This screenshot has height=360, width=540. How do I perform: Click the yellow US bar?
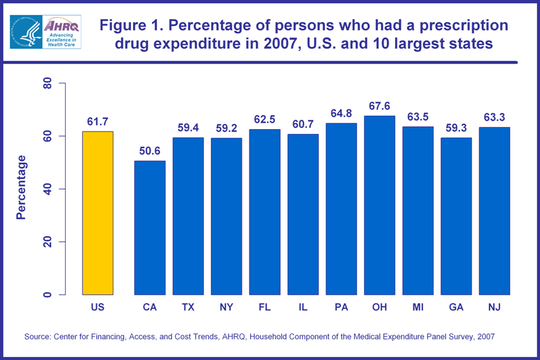(x=97, y=213)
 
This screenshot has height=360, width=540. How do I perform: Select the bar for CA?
(x=149, y=228)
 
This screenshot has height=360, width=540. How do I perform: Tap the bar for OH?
(x=379, y=205)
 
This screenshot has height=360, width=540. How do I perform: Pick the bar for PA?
(x=341, y=209)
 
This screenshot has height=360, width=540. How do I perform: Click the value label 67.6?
(x=379, y=106)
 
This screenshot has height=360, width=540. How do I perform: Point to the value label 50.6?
(x=149, y=151)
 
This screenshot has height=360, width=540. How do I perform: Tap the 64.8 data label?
(x=341, y=113)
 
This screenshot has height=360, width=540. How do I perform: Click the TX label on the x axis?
(x=188, y=307)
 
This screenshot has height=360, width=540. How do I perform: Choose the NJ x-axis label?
(x=494, y=307)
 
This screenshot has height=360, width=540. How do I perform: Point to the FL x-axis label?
(x=265, y=307)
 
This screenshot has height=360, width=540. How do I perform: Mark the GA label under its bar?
(x=456, y=307)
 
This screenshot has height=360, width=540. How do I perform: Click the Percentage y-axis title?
(x=22, y=187)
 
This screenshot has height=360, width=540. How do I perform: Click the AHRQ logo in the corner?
(x=45, y=32)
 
